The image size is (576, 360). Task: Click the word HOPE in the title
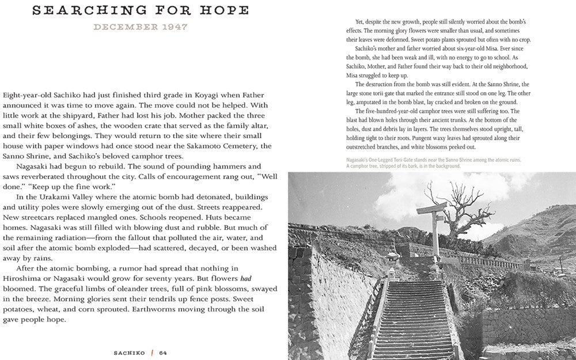224,10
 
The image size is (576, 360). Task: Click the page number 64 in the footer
163,353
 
